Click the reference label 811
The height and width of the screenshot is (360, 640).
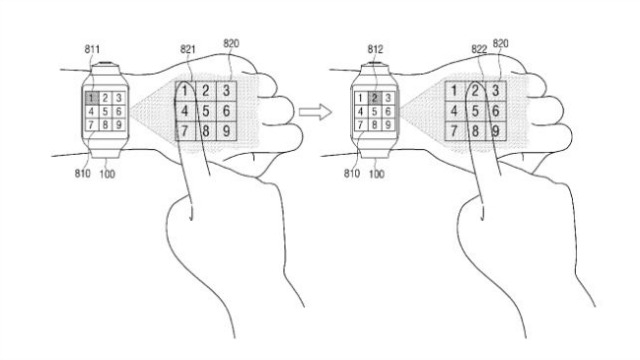[92, 49]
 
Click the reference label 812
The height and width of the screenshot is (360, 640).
[375, 49]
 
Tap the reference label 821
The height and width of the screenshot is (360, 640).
[188, 49]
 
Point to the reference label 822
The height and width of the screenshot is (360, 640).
[479, 49]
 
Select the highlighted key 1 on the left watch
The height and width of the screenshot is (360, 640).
[92, 98]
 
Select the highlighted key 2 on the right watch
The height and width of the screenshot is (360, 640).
[375, 98]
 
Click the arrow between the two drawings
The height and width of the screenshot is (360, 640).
[315, 112]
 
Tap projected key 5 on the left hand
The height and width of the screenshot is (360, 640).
[206, 111]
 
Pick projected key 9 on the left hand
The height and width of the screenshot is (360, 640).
[227, 131]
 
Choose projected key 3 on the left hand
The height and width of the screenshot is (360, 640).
[227, 91]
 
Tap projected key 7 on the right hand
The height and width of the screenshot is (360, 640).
[454, 131]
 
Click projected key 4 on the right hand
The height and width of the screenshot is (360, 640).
[454, 111]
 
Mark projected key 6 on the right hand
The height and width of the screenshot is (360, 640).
[496, 111]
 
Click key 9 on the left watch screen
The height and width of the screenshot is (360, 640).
[118, 124]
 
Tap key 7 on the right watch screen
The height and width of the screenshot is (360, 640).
[360, 124]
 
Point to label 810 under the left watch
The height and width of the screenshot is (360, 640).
[82, 173]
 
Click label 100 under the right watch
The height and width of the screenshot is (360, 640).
[376, 174]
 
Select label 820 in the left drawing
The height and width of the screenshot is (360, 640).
[231, 43]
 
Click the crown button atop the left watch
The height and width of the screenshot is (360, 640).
[105, 64]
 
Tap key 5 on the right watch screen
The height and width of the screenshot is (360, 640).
[375, 111]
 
